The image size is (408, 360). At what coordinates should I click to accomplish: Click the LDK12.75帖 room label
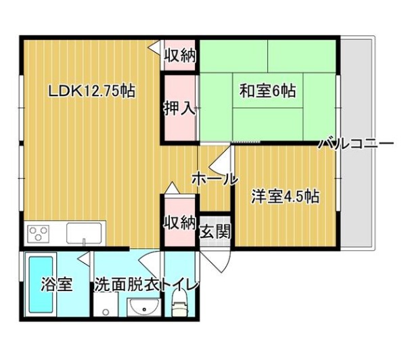(x=92, y=91)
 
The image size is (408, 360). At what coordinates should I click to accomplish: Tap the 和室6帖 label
(x=268, y=91)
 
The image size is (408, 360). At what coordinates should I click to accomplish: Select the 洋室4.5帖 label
(x=285, y=196)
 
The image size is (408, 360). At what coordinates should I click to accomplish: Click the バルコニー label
(x=357, y=144)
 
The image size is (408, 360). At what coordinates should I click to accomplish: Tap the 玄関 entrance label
(x=215, y=231)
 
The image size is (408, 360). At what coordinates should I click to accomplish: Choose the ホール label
(x=215, y=179)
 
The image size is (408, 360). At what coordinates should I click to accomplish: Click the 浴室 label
(x=57, y=284)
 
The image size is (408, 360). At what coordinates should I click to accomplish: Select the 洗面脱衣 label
(x=127, y=285)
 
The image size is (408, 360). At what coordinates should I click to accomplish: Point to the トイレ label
(x=179, y=285)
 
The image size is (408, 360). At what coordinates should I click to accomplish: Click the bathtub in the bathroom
(x=41, y=284)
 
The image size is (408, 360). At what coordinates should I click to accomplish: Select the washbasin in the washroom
(x=143, y=307)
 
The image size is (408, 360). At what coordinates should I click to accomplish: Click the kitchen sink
(x=84, y=233)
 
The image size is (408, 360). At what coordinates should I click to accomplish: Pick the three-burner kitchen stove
(x=39, y=233)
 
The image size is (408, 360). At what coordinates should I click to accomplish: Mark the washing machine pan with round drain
(x=106, y=304)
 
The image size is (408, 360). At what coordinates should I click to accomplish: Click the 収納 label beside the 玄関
(x=179, y=223)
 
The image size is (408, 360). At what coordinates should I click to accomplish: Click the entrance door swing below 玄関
(x=217, y=261)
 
